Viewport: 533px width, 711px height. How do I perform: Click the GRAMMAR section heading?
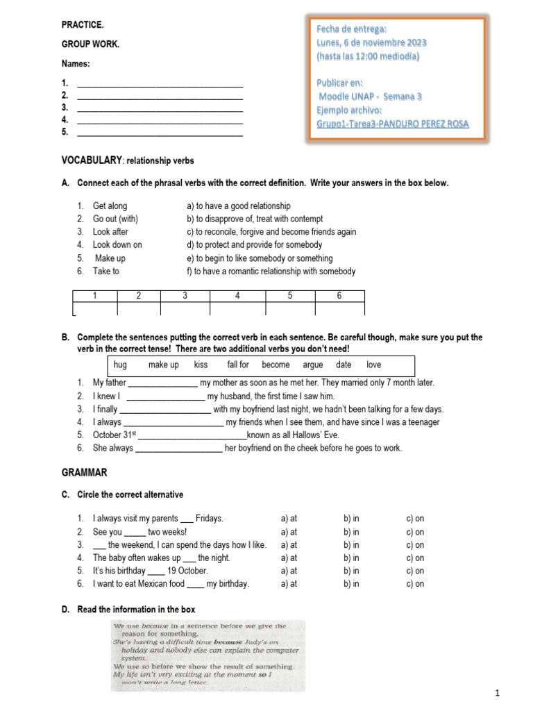(84, 472)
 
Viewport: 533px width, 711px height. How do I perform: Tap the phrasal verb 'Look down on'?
(117, 244)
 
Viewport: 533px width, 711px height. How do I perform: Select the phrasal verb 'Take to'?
(105, 271)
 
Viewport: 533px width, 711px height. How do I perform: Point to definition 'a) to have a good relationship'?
(238, 206)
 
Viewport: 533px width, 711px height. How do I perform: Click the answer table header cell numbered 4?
(237, 296)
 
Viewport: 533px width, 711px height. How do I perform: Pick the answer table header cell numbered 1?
(95, 296)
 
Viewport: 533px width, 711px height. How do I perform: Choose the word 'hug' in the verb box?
(120, 365)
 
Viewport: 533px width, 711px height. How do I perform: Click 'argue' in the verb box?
(313, 365)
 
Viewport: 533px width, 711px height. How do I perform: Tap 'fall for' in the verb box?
(238, 365)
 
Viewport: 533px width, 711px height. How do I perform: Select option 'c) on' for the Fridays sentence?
(415, 519)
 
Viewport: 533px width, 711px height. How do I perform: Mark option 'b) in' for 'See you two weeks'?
(351, 532)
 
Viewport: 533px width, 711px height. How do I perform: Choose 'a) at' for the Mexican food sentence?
(289, 584)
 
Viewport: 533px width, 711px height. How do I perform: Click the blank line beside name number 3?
(160, 108)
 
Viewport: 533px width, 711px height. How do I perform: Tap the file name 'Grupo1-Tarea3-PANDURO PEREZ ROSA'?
(392, 124)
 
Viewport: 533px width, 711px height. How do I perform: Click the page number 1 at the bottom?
(498, 694)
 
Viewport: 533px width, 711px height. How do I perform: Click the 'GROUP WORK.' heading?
(90, 44)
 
